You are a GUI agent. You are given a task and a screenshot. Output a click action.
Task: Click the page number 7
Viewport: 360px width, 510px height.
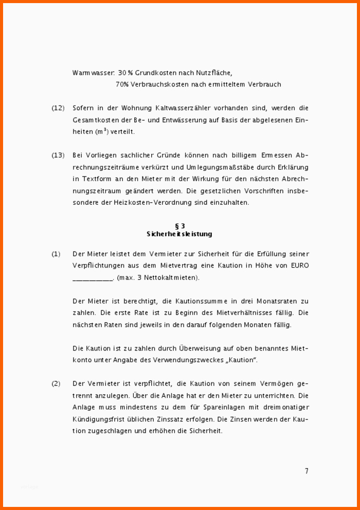coord(307,471)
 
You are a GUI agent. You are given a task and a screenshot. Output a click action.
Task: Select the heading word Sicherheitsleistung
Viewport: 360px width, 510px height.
coord(179,234)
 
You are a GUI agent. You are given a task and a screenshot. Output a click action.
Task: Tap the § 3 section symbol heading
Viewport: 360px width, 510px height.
coord(179,225)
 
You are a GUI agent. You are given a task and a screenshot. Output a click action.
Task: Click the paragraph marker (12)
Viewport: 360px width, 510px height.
coord(58,108)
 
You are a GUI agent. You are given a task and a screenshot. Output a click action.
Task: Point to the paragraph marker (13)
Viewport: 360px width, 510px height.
coord(58,155)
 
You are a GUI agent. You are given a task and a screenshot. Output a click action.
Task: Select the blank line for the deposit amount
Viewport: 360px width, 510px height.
coord(93,278)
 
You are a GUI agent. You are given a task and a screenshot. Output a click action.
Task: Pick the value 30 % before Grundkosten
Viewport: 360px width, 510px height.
coord(125,73)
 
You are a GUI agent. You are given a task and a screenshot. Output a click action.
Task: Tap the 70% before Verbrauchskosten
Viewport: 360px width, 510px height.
coord(122,84)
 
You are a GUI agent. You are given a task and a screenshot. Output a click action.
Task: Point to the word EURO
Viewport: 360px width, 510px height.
coord(299,266)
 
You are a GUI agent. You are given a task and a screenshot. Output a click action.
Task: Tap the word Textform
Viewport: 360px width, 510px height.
coord(96,179)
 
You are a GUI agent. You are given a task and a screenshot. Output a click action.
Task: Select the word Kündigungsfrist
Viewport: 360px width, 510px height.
coord(98,419)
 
